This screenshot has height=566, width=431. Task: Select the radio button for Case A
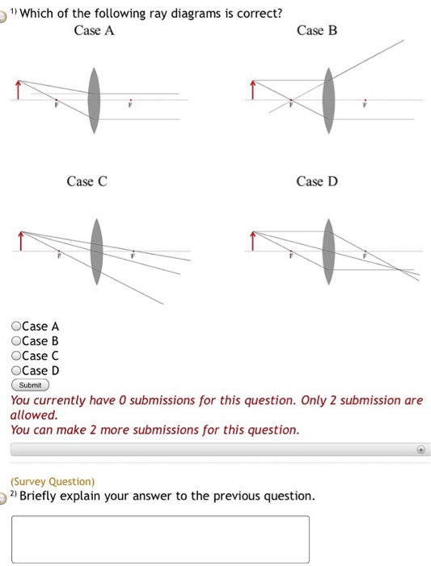coord(16,327)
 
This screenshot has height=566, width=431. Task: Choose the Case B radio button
coord(16,341)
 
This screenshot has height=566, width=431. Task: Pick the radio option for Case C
coord(16,356)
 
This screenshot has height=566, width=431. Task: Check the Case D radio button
coord(16,371)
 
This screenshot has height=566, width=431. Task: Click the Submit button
coord(30,385)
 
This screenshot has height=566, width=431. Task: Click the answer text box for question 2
coord(160,539)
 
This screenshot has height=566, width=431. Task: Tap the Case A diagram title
coord(93,31)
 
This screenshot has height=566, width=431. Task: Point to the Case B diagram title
coord(317,31)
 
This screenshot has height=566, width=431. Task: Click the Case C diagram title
coord(87,182)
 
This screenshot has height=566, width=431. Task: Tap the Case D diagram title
coord(316,182)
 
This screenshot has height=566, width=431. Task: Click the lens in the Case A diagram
coord(95,100)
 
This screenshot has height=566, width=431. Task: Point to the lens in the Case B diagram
coord(329,100)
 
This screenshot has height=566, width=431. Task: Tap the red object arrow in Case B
coord(253,90)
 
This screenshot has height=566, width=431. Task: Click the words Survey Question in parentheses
coord(53,481)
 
